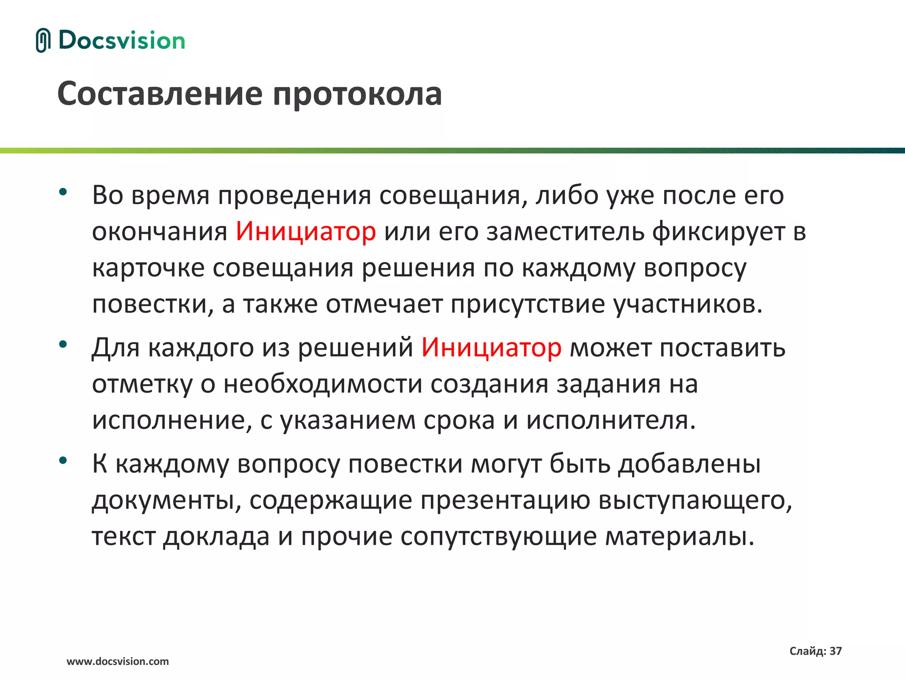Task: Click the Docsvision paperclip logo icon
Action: (x=43, y=40)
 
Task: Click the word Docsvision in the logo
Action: (x=122, y=41)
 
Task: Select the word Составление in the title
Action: (x=160, y=94)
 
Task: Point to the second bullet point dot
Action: (x=63, y=344)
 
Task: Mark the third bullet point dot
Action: (x=63, y=460)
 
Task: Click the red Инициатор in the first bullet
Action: (x=306, y=231)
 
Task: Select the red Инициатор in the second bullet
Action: (x=491, y=347)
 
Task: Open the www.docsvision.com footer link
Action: (x=118, y=661)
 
